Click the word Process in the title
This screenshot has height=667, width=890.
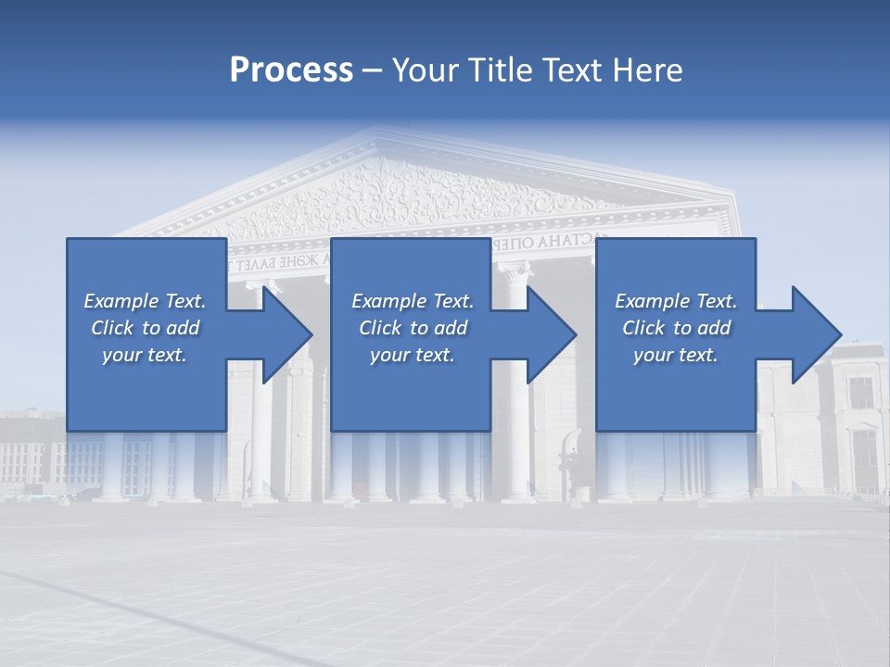[x=291, y=69]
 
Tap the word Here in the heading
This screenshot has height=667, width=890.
[x=647, y=69]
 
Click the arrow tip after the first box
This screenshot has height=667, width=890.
[x=308, y=334]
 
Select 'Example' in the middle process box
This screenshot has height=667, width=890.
[x=388, y=301]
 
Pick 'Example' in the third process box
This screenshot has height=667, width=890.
[x=652, y=301]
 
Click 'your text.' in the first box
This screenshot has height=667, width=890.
[x=145, y=355]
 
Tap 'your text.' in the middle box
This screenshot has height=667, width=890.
[x=412, y=355]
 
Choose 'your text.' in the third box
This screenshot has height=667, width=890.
[x=676, y=355]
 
